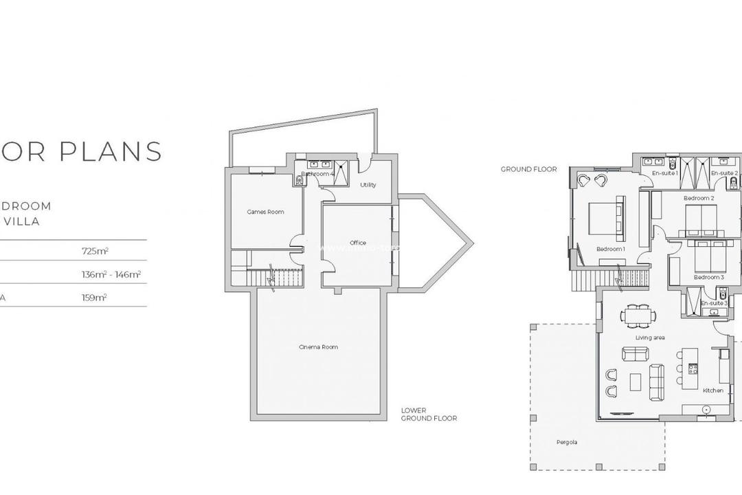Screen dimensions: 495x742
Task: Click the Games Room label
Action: pyautogui.click(x=265, y=212)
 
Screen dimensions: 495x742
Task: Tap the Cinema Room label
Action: pyautogui.click(x=318, y=347)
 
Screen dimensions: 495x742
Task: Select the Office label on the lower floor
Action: pyautogui.click(x=357, y=243)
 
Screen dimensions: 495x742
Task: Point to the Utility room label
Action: pyautogui.click(x=368, y=185)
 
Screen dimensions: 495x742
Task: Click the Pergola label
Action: pyautogui.click(x=567, y=442)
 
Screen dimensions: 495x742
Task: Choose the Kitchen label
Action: pyautogui.click(x=713, y=390)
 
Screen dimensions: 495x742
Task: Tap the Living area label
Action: pyautogui.click(x=649, y=338)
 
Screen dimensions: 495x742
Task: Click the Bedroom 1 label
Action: pyautogui.click(x=610, y=249)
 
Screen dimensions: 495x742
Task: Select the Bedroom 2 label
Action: pyautogui.click(x=699, y=199)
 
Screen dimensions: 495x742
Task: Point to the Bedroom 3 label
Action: pyautogui.click(x=708, y=277)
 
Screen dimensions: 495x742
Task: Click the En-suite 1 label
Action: pyautogui.click(x=666, y=173)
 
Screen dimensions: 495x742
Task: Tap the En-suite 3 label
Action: pyautogui.click(x=714, y=302)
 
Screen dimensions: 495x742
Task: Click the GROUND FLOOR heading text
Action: pyautogui.click(x=528, y=169)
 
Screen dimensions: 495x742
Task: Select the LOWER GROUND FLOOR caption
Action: pyautogui.click(x=429, y=414)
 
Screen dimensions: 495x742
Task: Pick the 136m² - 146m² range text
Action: pyautogui.click(x=111, y=274)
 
